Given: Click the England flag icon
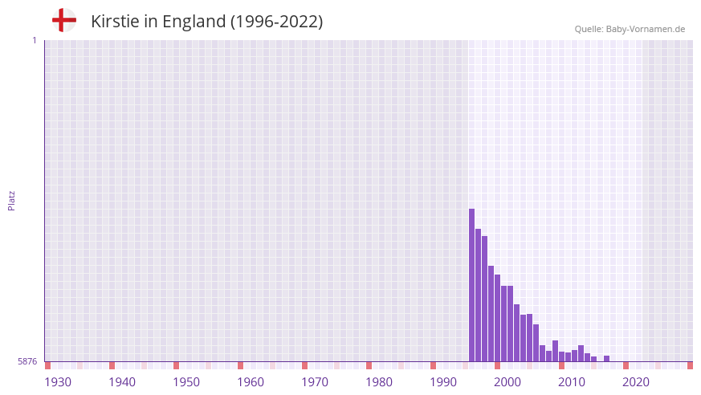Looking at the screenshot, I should [64, 20].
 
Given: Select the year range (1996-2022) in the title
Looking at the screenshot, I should [277, 22].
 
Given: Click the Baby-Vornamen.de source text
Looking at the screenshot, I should [630, 29].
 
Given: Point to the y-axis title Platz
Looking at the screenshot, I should [11, 200].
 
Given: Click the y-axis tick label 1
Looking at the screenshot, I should [34, 40].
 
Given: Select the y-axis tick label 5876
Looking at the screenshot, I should [27, 362].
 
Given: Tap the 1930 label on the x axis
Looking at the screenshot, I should [58, 382].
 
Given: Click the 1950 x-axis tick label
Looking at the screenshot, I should [186, 382].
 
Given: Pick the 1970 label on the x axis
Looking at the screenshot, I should [315, 382].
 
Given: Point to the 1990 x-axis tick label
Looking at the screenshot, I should [443, 382].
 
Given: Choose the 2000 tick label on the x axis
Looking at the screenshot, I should [507, 382].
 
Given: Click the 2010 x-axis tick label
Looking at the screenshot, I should [572, 382].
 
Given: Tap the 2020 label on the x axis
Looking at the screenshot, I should [636, 382].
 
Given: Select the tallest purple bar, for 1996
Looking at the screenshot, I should [472, 285].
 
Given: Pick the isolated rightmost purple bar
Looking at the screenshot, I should [607, 359].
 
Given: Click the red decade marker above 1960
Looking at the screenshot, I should [240, 365].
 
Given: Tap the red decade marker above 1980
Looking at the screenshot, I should [369, 365].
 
